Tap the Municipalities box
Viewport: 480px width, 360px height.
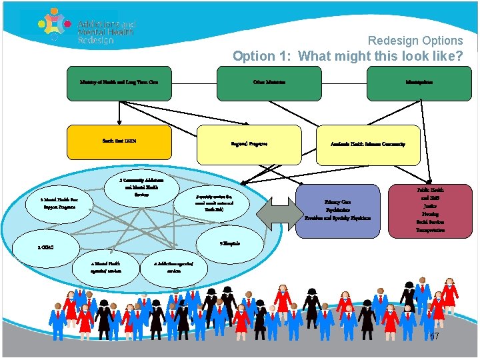click(x=419, y=82)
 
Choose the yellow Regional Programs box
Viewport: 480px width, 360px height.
click(x=249, y=144)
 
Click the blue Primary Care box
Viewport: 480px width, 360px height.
click(x=337, y=210)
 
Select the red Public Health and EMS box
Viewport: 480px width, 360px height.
click(x=431, y=209)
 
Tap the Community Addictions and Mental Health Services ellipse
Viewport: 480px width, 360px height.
click(x=141, y=187)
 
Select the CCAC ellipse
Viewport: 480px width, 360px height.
click(x=45, y=247)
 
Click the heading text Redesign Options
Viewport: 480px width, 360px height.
click(x=415, y=41)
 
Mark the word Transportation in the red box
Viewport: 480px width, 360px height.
click(x=431, y=230)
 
